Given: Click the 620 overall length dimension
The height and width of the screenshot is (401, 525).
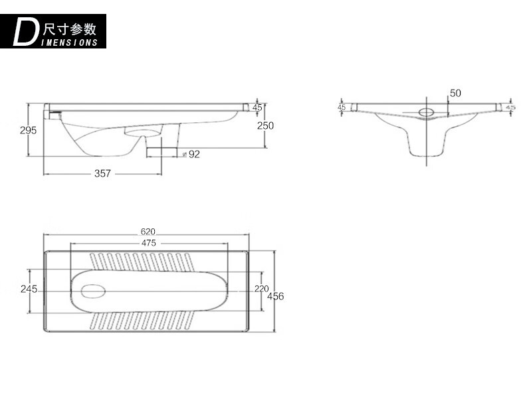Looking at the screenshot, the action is pyautogui.click(x=148, y=232).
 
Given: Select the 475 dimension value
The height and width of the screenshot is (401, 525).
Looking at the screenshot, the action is pyautogui.click(x=149, y=243).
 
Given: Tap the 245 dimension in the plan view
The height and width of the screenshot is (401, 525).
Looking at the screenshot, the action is pyautogui.click(x=29, y=289).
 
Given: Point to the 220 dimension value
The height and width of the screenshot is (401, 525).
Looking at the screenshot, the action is pyautogui.click(x=261, y=289).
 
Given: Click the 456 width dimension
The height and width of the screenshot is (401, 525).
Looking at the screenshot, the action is pyautogui.click(x=276, y=296).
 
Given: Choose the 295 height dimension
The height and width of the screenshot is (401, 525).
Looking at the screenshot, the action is pyautogui.click(x=28, y=130).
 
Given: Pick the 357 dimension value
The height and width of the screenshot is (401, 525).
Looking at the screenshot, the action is pyautogui.click(x=102, y=173).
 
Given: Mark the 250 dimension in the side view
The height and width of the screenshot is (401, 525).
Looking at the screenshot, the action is pyautogui.click(x=266, y=125).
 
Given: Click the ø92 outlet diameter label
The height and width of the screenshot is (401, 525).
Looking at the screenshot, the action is pyautogui.click(x=191, y=154).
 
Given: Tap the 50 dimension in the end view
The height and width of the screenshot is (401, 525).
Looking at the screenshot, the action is pyautogui.click(x=455, y=93).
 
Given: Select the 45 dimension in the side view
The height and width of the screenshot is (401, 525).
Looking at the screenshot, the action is pyautogui.click(x=257, y=108).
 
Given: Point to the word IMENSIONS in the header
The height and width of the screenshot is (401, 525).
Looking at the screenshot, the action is pyautogui.click(x=69, y=42).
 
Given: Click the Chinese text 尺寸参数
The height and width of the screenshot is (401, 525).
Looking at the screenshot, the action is pyautogui.click(x=70, y=29).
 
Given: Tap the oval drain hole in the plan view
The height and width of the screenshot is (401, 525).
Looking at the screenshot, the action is pyautogui.click(x=93, y=291).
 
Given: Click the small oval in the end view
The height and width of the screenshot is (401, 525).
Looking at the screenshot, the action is pyautogui.click(x=427, y=112).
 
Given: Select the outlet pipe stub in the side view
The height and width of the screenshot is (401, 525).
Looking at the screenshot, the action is pyautogui.click(x=161, y=152).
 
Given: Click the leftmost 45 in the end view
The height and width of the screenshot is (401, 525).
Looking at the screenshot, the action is pyautogui.click(x=342, y=108).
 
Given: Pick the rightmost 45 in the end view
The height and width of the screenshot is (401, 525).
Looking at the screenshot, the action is pyautogui.click(x=510, y=108).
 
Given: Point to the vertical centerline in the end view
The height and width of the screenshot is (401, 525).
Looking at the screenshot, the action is pyautogui.click(x=427, y=131).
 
